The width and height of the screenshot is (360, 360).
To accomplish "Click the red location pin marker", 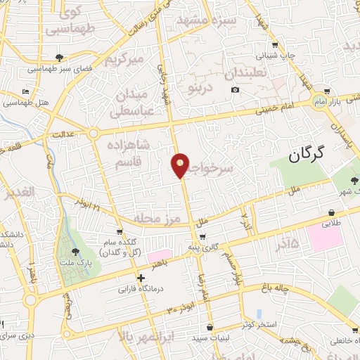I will pyautogui.click(x=181, y=165).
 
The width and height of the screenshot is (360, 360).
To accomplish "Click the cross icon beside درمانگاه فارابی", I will pyautogui.click(x=141, y=278).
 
